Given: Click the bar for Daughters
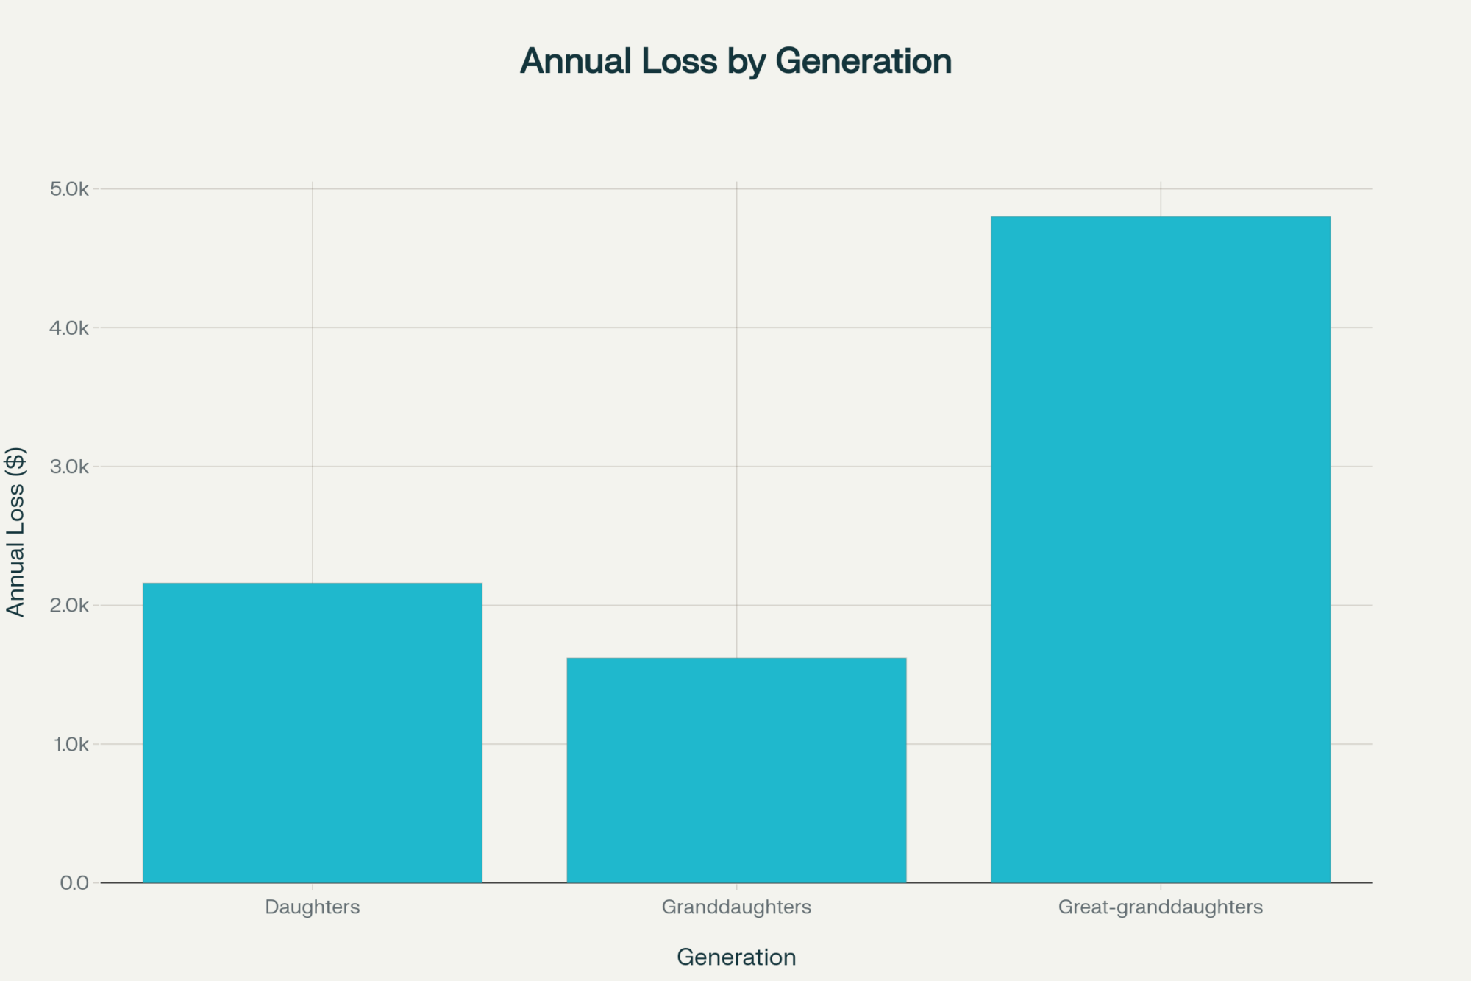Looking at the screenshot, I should click(313, 732).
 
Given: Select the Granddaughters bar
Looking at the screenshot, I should click(736, 770).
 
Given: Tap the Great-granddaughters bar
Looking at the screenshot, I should click(1161, 549).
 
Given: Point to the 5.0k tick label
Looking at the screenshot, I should click(69, 189).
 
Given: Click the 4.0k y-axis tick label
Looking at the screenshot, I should click(69, 328).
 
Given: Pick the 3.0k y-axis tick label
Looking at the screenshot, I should click(69, 467).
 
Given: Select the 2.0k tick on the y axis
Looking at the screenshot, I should click(69, 606).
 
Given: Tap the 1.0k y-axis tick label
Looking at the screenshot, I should click(71, 744).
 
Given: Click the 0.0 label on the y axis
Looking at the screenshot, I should click(74, 883).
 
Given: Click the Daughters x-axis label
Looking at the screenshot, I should click(313, 907).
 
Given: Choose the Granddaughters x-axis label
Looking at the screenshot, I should click(736, 907).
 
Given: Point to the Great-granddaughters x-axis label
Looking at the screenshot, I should click(1161, 907).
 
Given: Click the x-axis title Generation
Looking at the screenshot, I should click(736, 957).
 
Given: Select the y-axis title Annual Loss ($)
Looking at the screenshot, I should click(15, 531).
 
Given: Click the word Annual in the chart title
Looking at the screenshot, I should click(576, 61).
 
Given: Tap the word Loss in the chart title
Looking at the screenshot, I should click(679, 61).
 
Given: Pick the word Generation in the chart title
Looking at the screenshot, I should click(863, 61).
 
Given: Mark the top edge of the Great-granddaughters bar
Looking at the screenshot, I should click(1161, 217).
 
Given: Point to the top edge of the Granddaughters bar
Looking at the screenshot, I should click(736, 659).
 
